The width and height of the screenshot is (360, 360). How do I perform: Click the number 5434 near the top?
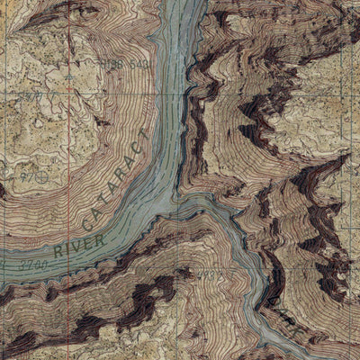(x=136, y=64)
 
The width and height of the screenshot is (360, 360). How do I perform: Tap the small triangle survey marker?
(x=69, y=77)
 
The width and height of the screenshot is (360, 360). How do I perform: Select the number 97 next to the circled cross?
(x=28, y=177)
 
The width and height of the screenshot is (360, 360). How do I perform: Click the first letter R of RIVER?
(x=57, y=251)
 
